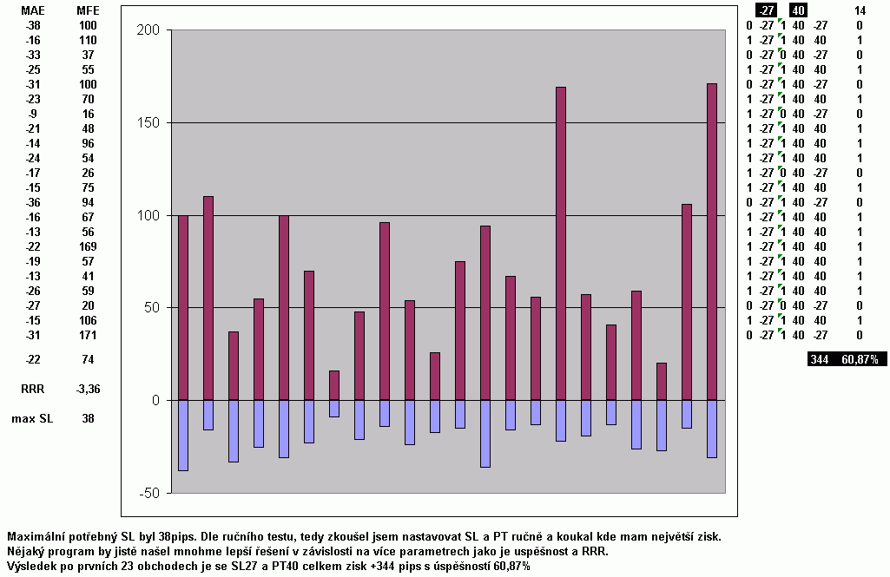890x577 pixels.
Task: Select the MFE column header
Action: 88,11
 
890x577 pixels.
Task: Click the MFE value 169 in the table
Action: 88,246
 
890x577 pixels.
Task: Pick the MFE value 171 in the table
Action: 88,335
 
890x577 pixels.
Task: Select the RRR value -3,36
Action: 88,390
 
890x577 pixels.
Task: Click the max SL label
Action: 31,418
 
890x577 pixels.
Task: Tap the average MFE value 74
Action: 88,359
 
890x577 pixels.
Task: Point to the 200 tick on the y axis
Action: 149,30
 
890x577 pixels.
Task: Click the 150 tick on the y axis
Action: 149,122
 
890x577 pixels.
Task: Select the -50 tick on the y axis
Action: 149,493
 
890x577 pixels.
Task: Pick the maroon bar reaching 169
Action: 561,243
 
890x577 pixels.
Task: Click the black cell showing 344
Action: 820,359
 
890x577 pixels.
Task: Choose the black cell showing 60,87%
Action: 860,359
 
